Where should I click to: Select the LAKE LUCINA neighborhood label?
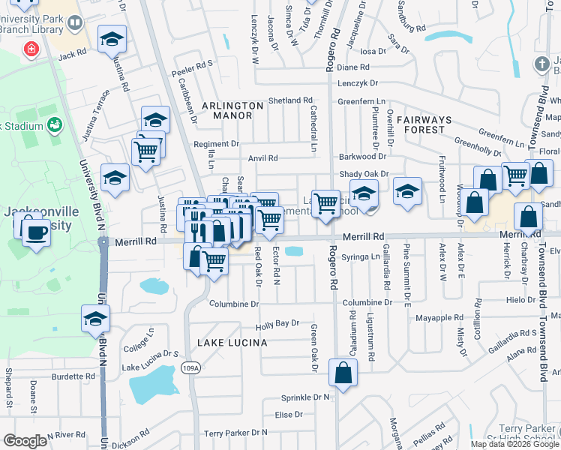click(x=232, y=343)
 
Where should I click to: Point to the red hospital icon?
click(x=31, y=49)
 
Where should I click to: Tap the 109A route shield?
click(x=190, y=367)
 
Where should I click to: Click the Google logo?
click(x=25, y=440)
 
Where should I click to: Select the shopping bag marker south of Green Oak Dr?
click(x=343, y=373)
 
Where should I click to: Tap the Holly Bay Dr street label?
click(x=277, y=324)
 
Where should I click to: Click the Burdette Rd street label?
click(x=72, y=376)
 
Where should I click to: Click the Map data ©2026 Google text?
click(x=514, y=444)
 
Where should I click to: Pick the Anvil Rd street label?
click(x=262, y=158)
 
